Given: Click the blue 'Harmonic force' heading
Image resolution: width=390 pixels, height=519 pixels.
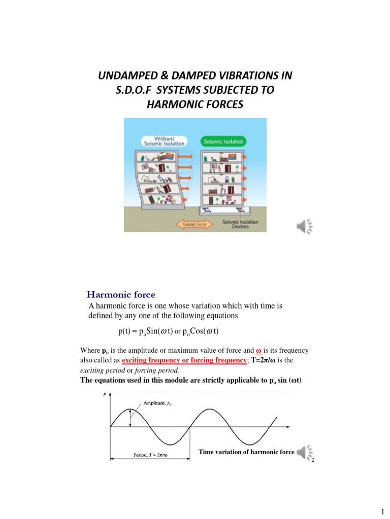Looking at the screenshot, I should (121, 294).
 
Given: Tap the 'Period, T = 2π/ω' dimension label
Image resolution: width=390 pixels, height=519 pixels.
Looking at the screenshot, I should (151, 455).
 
